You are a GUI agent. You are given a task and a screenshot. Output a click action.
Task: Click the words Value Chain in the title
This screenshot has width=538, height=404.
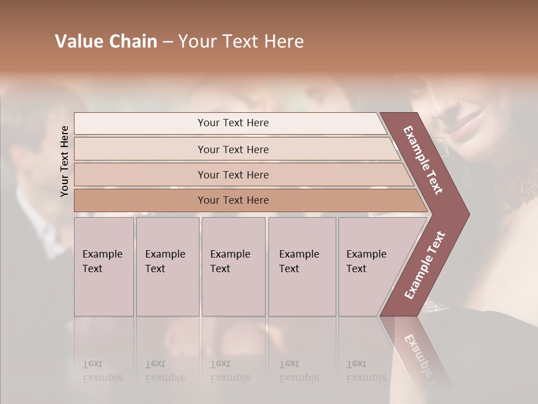click(x=106, y=42)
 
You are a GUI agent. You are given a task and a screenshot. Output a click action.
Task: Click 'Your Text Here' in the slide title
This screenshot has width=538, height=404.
click(x=241, y=42)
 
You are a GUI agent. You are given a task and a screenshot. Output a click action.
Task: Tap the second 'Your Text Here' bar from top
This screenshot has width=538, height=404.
click(x=233, y=149)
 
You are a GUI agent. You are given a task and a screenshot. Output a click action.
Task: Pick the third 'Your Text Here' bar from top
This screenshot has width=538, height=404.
click(x=233, y=175)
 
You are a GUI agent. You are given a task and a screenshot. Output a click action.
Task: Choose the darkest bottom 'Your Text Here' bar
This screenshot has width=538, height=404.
click(x=233, y=200)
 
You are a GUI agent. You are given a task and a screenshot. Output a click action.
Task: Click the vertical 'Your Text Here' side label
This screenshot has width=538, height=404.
click(x=64, y=161)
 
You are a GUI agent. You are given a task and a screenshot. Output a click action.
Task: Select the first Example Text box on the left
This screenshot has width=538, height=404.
click(x=104, y=266)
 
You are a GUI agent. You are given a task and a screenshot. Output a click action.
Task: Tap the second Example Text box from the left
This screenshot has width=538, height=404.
click(x=167, y=266)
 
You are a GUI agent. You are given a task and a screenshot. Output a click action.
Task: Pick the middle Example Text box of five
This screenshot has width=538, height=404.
click(x=233, y=266)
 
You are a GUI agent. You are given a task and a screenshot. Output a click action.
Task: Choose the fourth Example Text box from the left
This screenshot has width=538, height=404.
click(x=302, y=266)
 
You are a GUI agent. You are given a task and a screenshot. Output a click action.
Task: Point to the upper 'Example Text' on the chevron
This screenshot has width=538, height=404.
click(x=423, y=160)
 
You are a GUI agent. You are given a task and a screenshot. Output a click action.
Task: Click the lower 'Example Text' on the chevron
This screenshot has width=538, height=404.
click(x=425, y=265)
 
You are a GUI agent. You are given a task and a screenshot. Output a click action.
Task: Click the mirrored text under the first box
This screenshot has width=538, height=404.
click(x=102, y=371)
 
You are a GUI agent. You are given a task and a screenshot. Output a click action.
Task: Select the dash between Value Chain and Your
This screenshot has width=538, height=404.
click(x=168, y=42)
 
